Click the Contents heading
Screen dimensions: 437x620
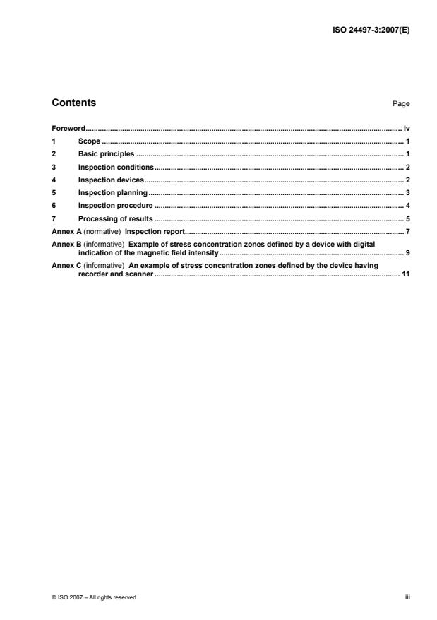pos(74,103)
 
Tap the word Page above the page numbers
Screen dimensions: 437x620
pos(401,104)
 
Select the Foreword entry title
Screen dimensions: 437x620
pos(69,129)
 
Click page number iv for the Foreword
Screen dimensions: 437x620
pos(407,129)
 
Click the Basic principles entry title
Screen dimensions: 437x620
pos(106,154)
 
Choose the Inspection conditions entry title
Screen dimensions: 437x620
pos(116,167)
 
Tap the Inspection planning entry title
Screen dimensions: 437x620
pos(112,192)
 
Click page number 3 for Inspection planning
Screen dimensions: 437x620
pos(408,192)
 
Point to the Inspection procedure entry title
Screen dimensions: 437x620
pos(115,205)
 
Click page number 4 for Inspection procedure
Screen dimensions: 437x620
pos(408,205)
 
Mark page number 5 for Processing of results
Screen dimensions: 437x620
pos(408,218)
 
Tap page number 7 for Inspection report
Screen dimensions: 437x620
pos(408,231)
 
